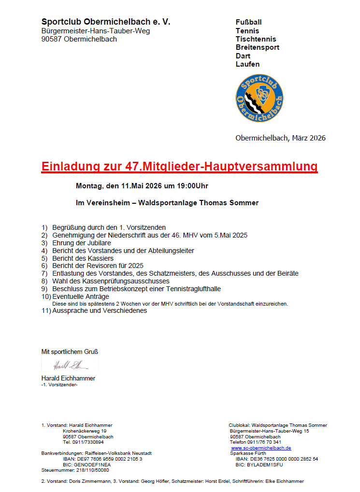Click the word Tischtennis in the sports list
pos(256,39)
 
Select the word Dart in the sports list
pos(243,56)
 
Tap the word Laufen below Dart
pos(247,64)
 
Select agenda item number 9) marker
pos(44,289)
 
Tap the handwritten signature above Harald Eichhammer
pos(68,365)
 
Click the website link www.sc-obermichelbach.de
pos(261,448)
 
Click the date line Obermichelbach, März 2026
pos(280,138)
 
